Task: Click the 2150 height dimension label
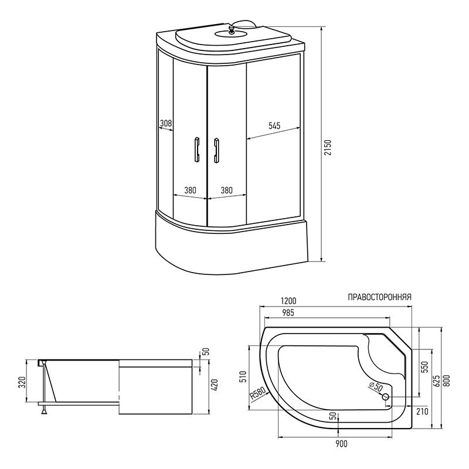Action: [x=328, y=148]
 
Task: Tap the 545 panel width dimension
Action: [x=274, y=125]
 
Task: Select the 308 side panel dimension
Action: [x=166, y=123]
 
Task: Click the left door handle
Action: [x=197, y=150]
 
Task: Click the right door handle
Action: [x=216, y=151]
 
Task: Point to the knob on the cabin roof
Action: [x=230, y=29]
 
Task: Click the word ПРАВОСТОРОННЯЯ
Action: [x=379, y=297]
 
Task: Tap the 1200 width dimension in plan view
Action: [x=288, y=300]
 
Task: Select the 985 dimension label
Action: [x=288, y=312]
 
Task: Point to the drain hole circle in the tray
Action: [x=386, y=397]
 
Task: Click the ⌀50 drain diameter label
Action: [x=376, y=386]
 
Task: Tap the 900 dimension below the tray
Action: [x=341, y=444]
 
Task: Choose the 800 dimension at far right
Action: [x=447, y=380]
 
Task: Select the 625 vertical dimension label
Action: [x=437, y=380]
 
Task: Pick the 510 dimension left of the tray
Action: [x=243, y=376]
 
